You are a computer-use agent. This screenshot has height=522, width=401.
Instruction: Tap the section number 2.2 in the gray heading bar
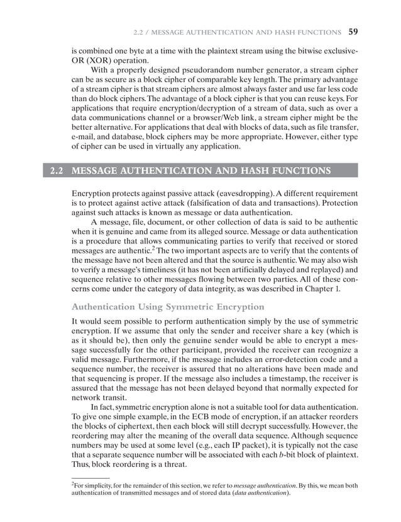57,171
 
